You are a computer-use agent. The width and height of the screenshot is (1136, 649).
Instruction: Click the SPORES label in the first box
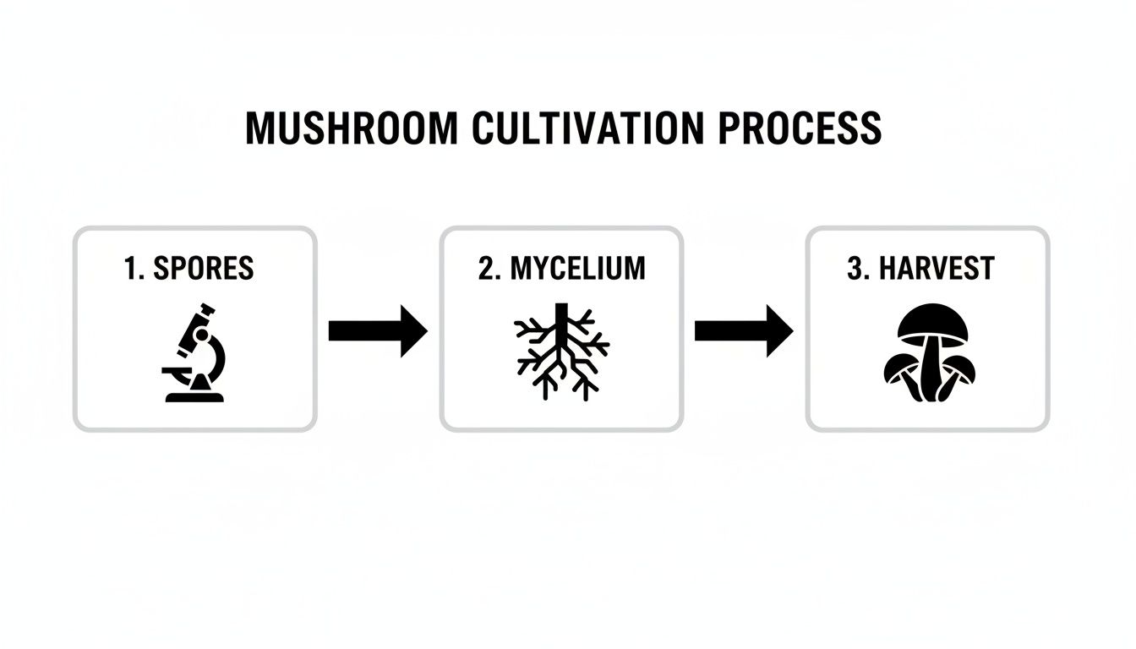pos(204,269)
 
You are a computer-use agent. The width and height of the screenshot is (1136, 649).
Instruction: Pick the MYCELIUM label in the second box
pos(578,269)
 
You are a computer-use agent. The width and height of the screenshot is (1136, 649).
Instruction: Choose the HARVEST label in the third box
pos(937,269)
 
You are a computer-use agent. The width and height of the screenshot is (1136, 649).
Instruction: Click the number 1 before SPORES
pos(131,269)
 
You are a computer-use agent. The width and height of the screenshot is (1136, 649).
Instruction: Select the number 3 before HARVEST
pos(855,269)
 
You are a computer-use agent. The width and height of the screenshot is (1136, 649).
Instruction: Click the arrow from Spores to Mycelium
pos(377,331)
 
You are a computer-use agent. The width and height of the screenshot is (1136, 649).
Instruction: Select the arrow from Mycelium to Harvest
pos(743,331)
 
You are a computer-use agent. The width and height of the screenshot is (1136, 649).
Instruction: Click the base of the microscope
pos(195,395)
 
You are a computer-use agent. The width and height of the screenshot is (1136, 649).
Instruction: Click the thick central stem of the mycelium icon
pos(560,325)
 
